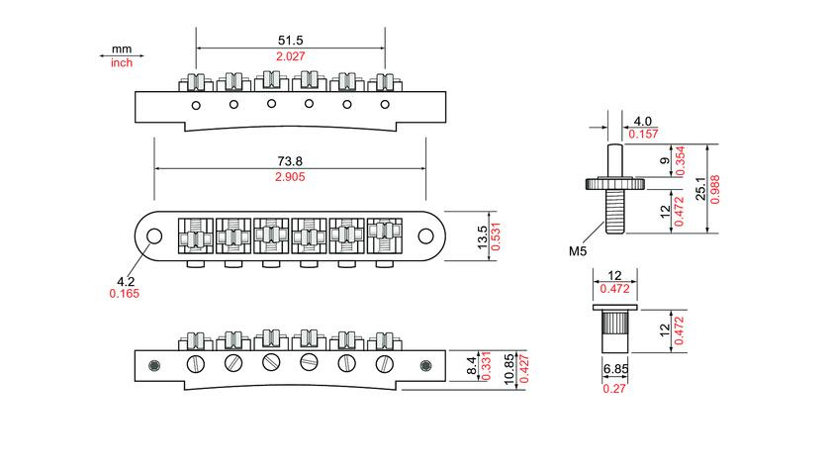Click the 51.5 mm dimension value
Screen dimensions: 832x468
[x=290, y=41]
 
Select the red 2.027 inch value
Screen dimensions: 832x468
[x=290, y=56]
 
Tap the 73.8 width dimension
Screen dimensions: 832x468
[x=290, y=161]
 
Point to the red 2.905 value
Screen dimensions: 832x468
[x=290, y=177]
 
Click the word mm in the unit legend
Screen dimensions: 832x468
[x=122, y=49]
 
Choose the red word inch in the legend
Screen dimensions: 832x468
[x=122, y=62]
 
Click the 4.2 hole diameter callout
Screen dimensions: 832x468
[x=126, y=281]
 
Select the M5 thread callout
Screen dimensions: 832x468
[x=578, y=251]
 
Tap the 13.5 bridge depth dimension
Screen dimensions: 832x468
[x=482, y=236]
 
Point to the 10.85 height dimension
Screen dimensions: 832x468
[x=509, y=369]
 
